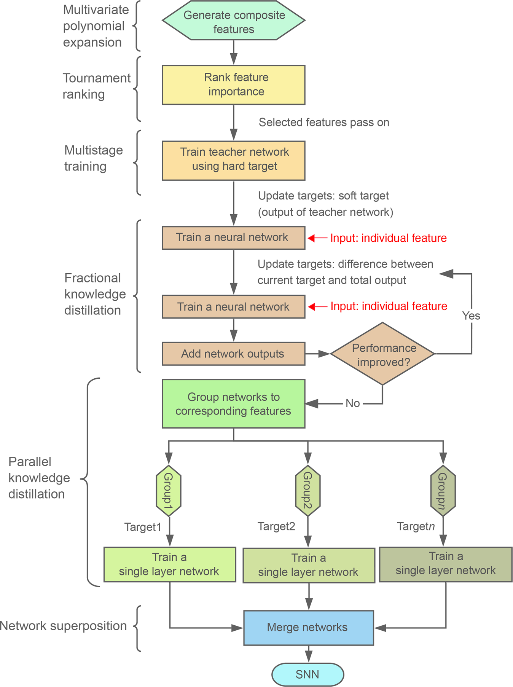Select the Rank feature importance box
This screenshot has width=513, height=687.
click(x=234, y=84)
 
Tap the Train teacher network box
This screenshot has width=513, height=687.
click(x=234, y=160)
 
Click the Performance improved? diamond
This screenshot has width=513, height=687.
click(x=382, y=354)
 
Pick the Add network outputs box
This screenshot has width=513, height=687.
click(x=234, y=354)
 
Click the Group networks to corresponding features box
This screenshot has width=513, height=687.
click(x=234, y=404)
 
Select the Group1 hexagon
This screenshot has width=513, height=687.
click(x=169, y=491)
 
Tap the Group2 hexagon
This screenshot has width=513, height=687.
click(x=308, y=491)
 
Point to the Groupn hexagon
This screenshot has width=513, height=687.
click(x=443, y=491)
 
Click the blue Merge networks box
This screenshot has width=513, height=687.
click(x=308, y=628)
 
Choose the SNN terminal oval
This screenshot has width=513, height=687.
click(x=307, y=674)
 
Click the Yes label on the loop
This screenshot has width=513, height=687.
click(x=471, y=316)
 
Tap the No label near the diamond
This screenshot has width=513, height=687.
click(x=353, y=403)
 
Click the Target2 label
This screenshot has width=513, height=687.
click(x=276, y=526)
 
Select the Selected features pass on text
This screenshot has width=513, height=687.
click(x=324, y=123)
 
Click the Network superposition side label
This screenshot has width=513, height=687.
click(x=63, y=626)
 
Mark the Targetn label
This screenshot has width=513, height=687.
click(x=416, y=526)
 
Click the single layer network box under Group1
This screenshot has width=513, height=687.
click(x=170, y=564)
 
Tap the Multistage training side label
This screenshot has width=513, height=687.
click(x=93, y=158)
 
